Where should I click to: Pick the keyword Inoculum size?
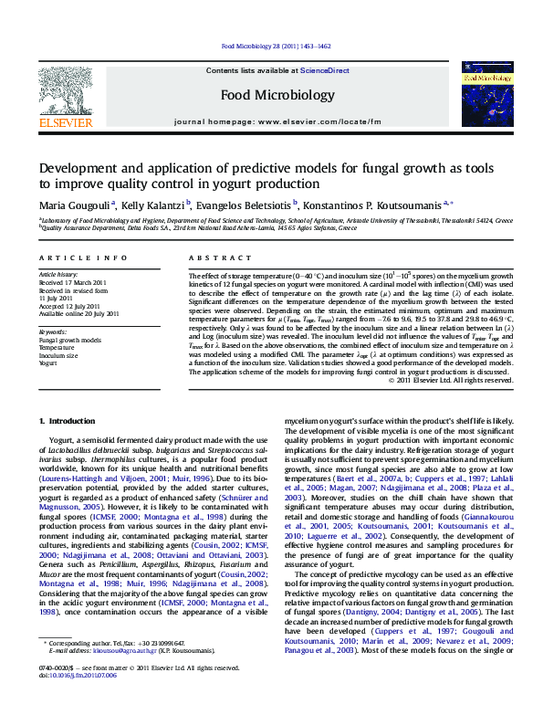coord(57,356)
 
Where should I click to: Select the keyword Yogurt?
coord(47,363)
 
